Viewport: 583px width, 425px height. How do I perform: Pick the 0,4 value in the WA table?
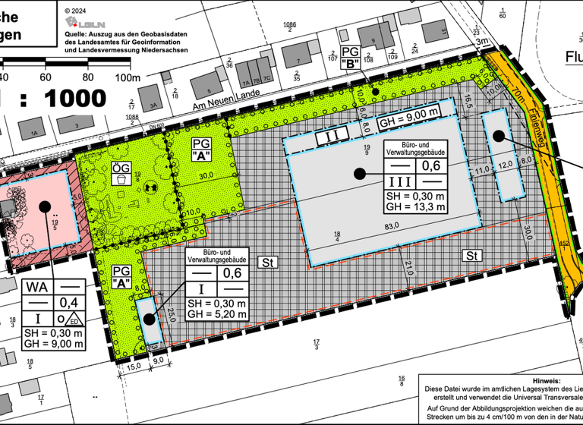(70, 304)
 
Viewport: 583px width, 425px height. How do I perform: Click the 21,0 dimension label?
(408, 268)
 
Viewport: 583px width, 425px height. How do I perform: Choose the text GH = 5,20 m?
(216, 313)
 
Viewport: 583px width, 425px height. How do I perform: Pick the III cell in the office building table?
(400, 182)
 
